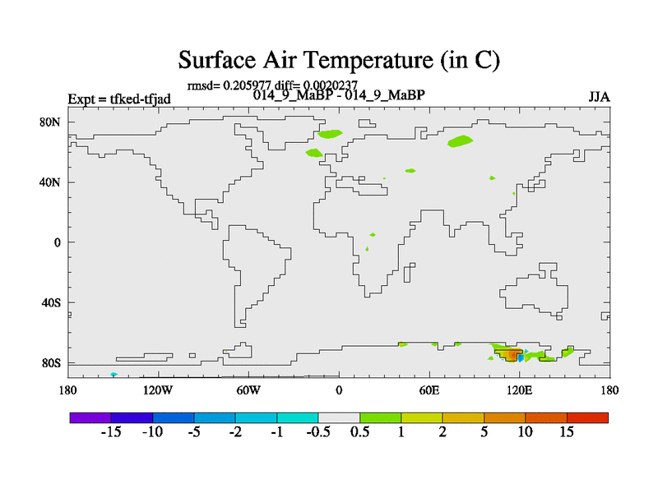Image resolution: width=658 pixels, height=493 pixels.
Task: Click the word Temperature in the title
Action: point(368,60)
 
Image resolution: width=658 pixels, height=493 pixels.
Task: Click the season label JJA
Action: point(599,97)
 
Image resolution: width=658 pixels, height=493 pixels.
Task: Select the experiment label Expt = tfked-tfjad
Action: point(119,99)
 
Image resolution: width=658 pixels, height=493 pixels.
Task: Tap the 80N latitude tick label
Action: point(50,122)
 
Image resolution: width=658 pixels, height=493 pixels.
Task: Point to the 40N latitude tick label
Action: point(50,182)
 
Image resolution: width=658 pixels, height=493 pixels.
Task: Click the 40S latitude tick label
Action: point(51,302)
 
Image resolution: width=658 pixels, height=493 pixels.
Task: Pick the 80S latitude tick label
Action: point(51,363)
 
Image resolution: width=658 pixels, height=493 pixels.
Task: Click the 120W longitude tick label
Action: point(158,391)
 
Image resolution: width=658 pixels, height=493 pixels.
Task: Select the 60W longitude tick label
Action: point(248,391)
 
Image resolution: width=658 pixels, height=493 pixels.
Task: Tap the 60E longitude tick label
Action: point(429,391)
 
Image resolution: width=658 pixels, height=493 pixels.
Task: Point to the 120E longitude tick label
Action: point(520,391)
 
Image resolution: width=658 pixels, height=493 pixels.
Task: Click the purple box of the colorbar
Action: point(90,417)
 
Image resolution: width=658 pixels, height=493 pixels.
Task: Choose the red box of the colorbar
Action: point(587,417)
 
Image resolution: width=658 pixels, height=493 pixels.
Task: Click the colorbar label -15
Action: point(111,432)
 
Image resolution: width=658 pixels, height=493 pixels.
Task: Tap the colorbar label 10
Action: point(525,432)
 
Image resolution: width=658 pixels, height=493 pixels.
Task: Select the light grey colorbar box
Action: point(339,417)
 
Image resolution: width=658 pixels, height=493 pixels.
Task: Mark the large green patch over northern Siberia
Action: point(461,141)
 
